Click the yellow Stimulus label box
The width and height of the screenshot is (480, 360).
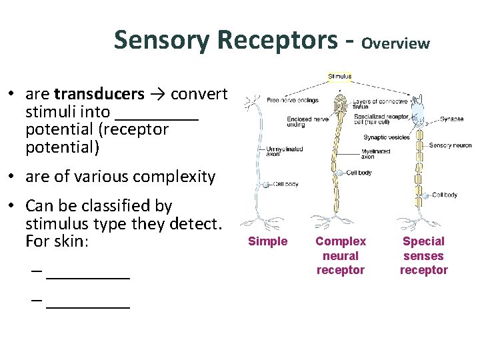(x=339, y=77)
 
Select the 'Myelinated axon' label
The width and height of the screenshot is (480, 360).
(x=376, y=154)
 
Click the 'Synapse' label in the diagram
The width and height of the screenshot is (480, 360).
(x=451, y=119)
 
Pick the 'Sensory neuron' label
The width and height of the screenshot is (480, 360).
(x=450, y=145)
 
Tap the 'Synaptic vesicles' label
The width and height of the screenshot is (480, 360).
(x=386, y=137)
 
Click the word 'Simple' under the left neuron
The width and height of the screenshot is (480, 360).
(x=267, y=241)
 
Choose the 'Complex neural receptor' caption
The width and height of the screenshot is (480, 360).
(x=341, y=255)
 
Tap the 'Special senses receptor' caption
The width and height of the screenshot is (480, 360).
(x=423, y=255)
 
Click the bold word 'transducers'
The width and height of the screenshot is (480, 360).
(x=99, y=93)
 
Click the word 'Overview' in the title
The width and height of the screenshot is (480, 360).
(x=396, y=44)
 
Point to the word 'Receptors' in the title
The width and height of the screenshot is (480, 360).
(x=277, y=40)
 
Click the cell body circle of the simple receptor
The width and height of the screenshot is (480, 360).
(x=266, y=185)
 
